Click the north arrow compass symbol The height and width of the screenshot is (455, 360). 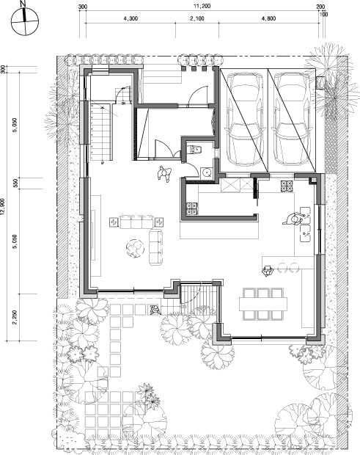pos(25,21)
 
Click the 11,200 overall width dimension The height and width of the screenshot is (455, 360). pos(202,6)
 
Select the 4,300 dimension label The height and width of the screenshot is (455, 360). pos(131,18)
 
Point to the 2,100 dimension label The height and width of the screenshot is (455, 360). pos(197,18)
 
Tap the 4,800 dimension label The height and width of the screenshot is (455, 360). pos(268,18)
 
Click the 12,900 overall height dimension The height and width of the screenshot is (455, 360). pos(3,206)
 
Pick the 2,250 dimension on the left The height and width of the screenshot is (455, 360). pos(15,318)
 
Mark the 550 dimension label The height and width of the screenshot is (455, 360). pos(15,183)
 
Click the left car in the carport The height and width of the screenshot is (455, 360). pos(245,120)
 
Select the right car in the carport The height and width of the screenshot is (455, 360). pos(291,120)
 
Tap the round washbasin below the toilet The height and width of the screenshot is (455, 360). pos(207,172)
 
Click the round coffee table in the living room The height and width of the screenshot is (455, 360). pos(135,247)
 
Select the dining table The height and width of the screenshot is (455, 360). pos(263,304)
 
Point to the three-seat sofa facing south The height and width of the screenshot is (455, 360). pos(136,222)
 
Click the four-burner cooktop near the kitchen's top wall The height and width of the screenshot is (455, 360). pos(287,186)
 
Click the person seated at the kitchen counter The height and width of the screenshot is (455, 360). pos(268,271)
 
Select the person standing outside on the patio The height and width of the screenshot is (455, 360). pos(155,310)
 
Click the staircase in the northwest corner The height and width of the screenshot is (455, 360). pos(101,131)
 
